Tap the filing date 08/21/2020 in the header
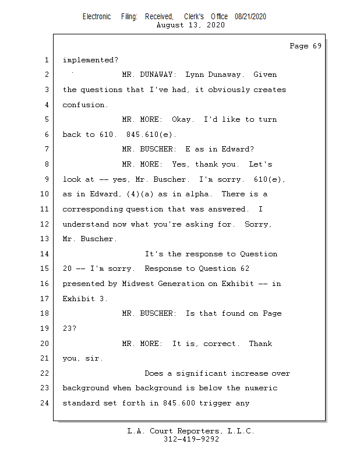point(250,17)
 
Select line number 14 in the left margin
point(47,254)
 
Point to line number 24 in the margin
point(47,403)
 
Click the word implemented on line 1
point(90,59)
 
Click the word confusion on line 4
point(85,105)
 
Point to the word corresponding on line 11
point(93,209)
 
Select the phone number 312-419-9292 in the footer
point(191,439)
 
